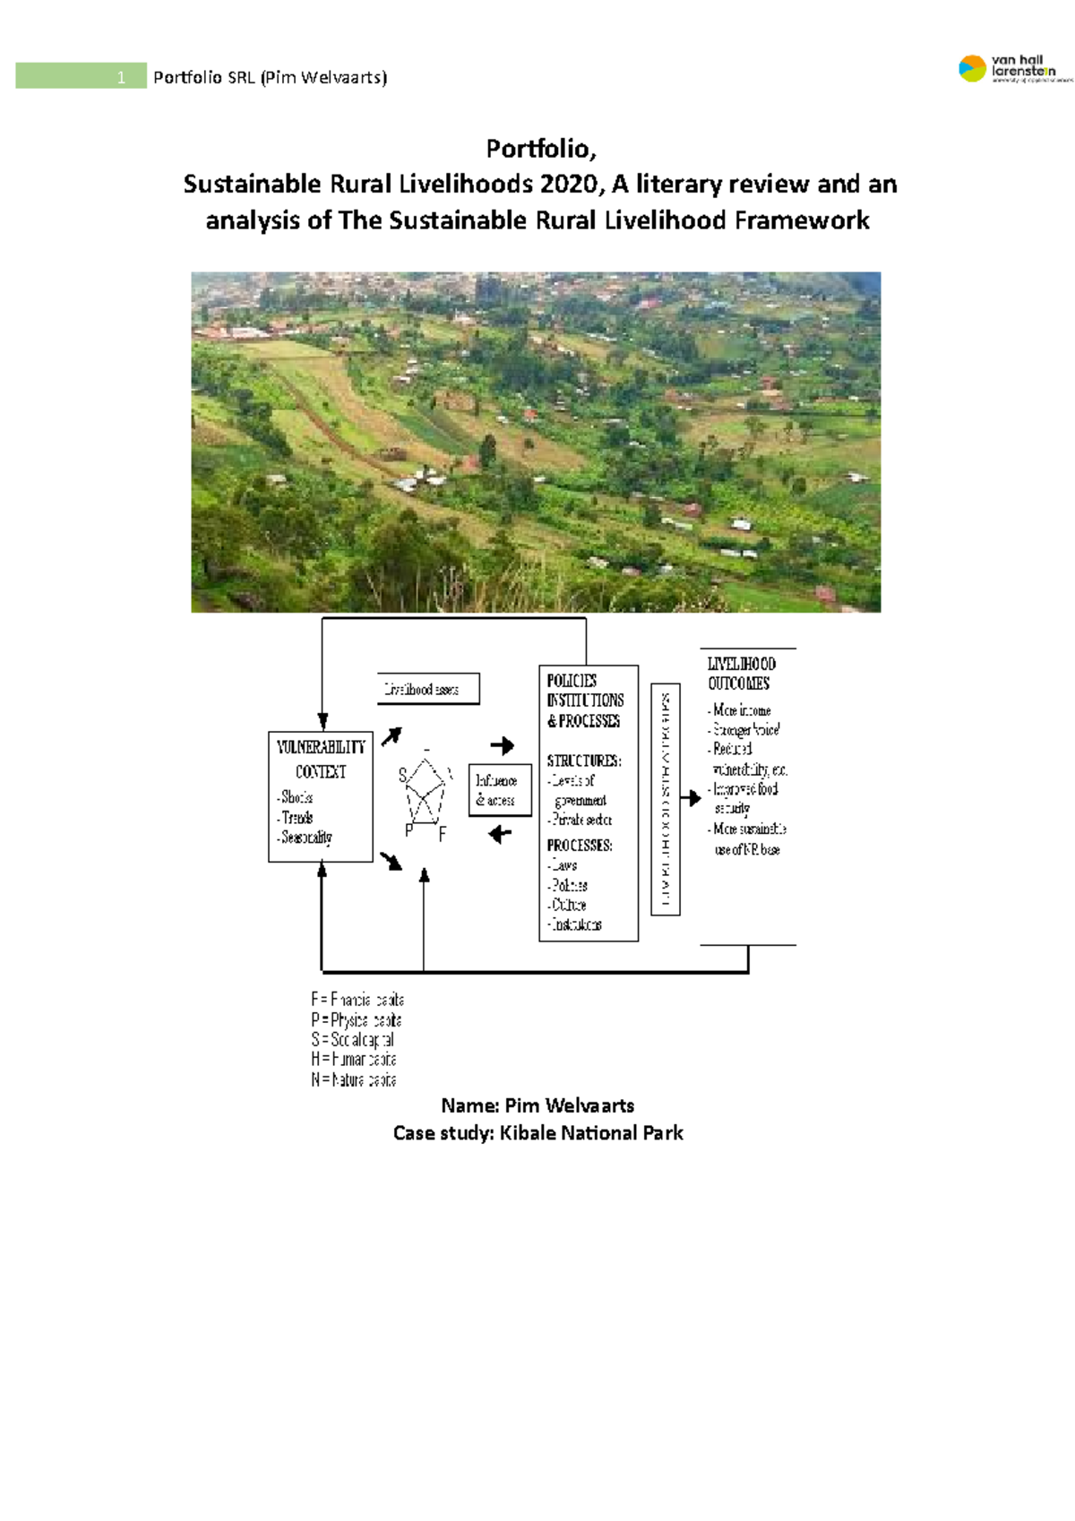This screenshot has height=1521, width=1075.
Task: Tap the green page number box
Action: click(81, 76)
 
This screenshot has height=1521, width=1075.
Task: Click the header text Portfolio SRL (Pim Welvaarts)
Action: click(270, 77)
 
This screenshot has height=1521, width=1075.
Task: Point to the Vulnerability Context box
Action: click(321, 796)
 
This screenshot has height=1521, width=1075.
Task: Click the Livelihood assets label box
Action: click(428, 689)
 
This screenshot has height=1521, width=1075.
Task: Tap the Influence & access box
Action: click(500, 791)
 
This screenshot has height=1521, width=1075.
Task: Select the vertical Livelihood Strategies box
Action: click(666, 800)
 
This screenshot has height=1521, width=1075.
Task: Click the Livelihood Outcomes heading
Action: click(741, 674)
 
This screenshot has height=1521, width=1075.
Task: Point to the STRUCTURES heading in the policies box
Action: click(584, 760)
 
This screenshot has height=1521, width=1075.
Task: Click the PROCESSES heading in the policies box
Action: click(580, 846)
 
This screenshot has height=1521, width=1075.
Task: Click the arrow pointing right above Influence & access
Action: click(502, 745)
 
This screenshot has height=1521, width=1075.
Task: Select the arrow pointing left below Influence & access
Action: click(500, 834)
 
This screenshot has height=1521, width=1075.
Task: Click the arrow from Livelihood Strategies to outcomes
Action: click(691, 798)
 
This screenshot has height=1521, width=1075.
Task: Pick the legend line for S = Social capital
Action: click(353, 1040)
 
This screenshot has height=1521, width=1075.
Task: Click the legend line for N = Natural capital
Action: click(354, 1080)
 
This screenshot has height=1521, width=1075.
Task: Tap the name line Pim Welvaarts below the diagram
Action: click(537, 1105)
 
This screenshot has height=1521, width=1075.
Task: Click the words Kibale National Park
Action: click(591, 1133)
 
